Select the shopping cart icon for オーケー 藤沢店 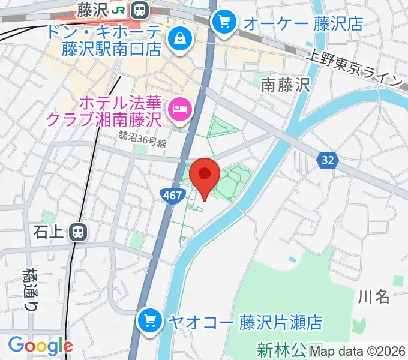click(224, 23)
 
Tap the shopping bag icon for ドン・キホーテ click(179, 39)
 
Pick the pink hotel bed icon click(179, 108)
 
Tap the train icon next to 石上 click(77, 232)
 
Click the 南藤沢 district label click(285, 86)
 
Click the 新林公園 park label click(281, 349)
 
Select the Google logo click(40, 346)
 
